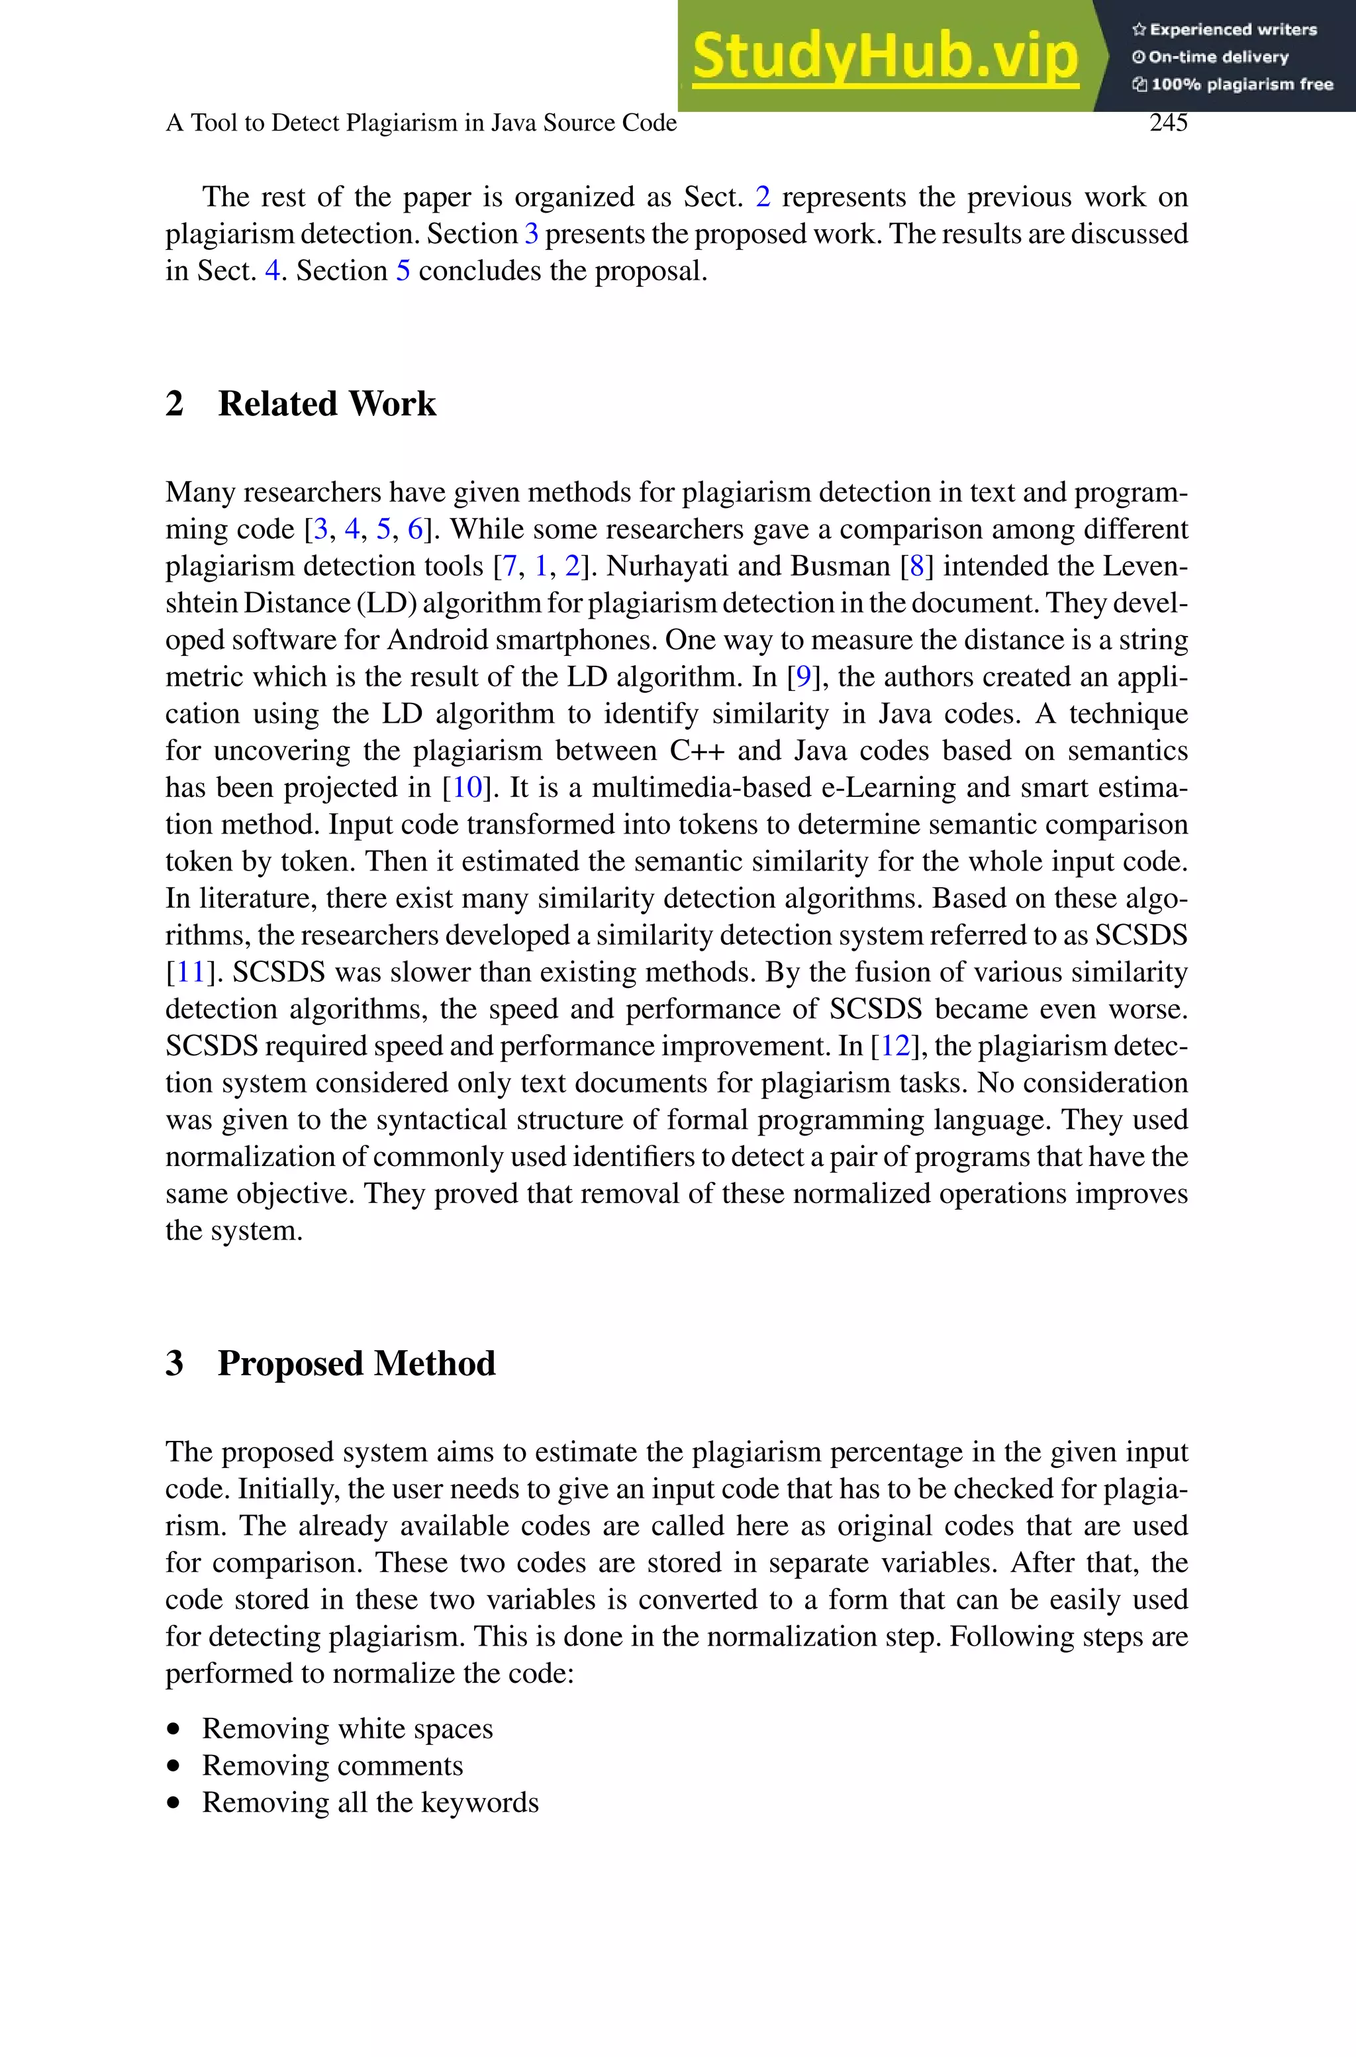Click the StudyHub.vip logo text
885,57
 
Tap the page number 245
1169,123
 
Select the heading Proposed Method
356,1363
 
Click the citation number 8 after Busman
916,566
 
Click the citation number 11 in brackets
189,973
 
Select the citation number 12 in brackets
895,1047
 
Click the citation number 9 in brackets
803,677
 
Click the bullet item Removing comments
332,1766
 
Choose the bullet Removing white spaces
347,1728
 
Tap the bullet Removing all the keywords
370,1803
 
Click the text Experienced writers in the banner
1232,29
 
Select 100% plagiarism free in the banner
1241,85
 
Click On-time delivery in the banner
1218,57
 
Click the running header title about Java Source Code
421,123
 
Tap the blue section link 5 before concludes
403,272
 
